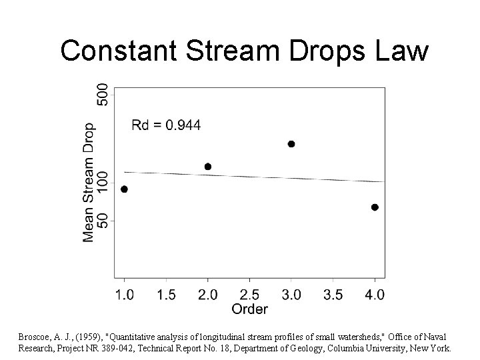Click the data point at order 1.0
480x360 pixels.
pos(124,189)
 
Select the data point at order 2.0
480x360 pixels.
pos(208,167)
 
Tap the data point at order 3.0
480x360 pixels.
pos(291,144)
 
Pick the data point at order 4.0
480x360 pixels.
pos(375,207)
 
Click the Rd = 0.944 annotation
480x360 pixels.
pos(165,125)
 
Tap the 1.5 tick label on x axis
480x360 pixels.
pos(166,293)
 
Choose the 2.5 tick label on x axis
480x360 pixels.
pos(249,293)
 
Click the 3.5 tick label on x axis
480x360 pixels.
pos(333,293)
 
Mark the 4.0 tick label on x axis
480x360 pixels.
pos(375,293)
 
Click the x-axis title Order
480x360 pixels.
pos(249,309)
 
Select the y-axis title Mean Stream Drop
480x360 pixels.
pos(89,181)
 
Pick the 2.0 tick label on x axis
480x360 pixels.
pos(208,293)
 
